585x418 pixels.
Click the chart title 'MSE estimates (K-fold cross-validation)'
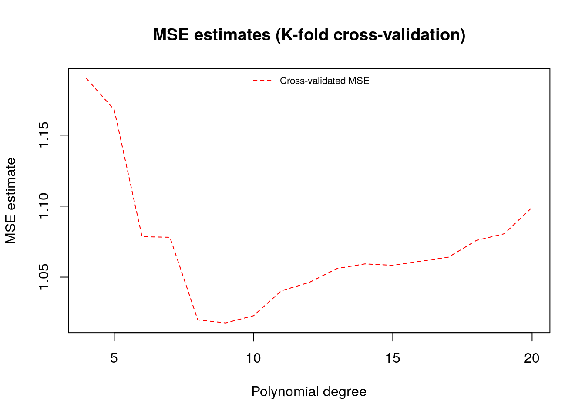point(309,35)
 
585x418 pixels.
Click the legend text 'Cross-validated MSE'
point(324,81)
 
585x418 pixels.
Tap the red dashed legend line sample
point(262,81)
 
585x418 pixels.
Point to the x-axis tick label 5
point(114,358)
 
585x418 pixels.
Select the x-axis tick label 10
point(253,358)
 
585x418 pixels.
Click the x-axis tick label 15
point(393,358)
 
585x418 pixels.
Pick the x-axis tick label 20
point(532,358)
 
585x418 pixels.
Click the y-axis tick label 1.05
point(45,277)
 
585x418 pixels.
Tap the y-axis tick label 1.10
point(45,206)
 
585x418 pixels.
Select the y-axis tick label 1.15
point(45,135)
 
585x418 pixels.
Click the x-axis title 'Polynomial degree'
point(309,392)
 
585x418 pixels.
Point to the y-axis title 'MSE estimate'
point(11,201)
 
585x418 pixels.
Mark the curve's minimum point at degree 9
point(225,323)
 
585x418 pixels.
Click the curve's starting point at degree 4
point(86,78)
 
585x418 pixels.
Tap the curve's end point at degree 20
point(532,208)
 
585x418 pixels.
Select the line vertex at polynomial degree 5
point(114,108)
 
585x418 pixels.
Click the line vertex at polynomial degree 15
point(393,265)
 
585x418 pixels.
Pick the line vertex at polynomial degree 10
point(253,315)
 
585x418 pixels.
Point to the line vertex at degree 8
point(198,320)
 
